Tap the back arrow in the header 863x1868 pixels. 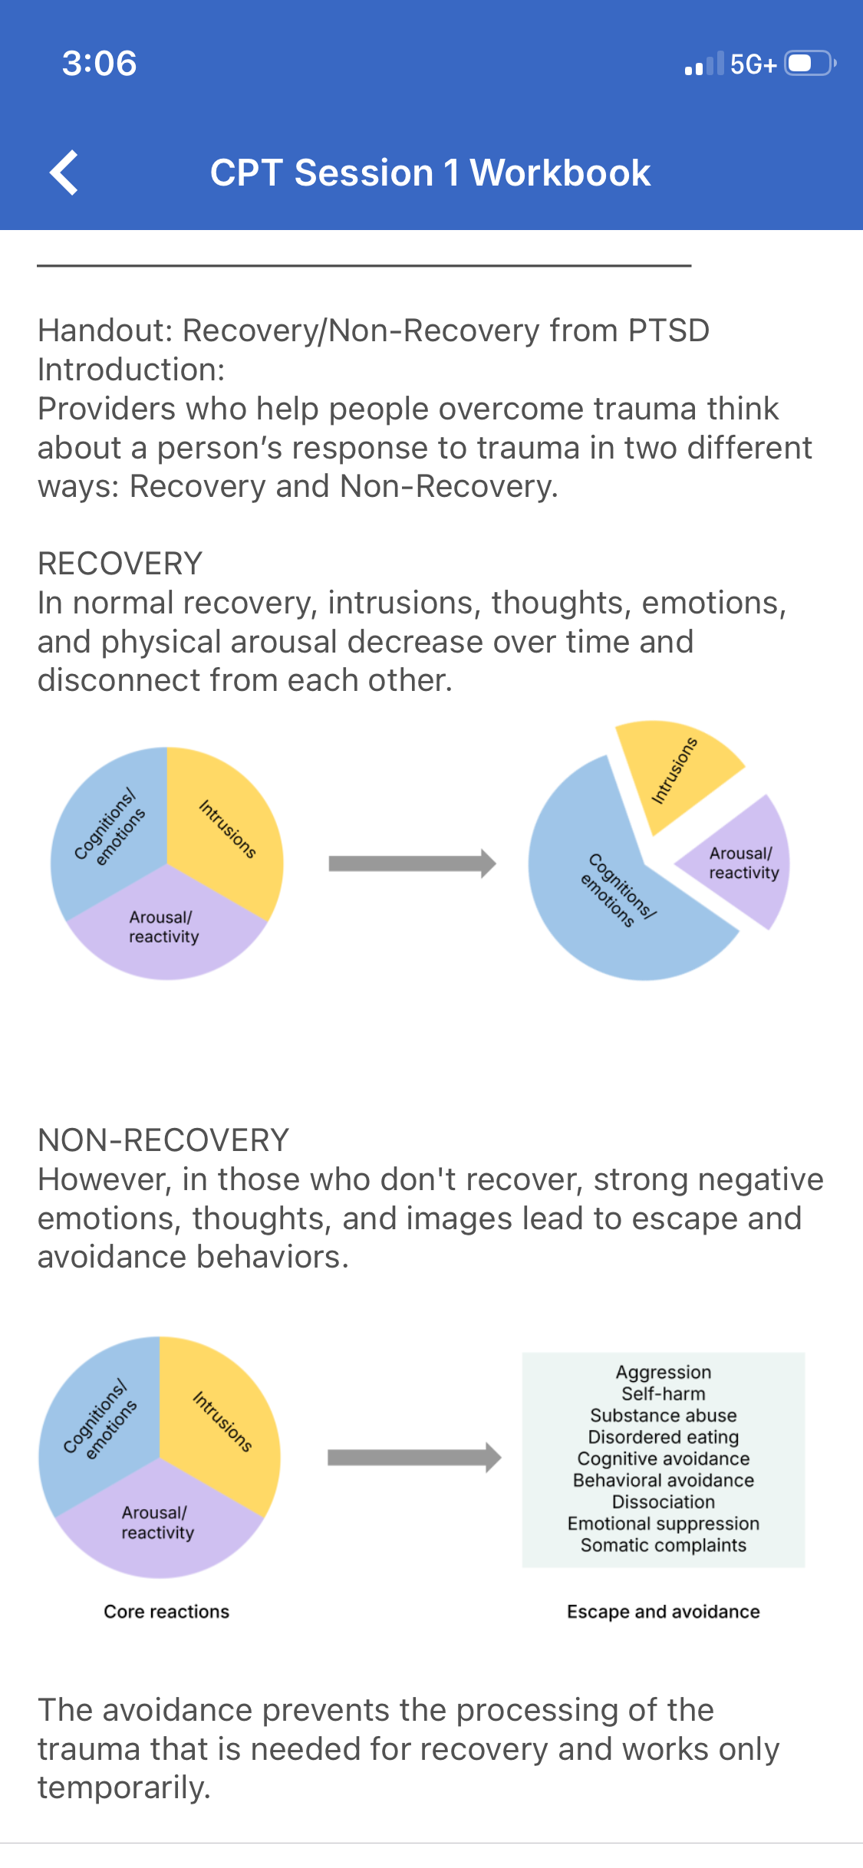64,173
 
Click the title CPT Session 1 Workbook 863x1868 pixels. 430,173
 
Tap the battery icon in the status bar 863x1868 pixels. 809,63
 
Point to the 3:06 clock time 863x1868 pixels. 100,63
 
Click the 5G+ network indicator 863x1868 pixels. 753,64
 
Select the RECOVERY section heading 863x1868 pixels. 120,564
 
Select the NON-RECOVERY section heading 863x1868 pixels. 163,1140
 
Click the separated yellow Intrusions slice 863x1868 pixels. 675,771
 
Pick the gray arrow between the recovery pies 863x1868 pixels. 412,863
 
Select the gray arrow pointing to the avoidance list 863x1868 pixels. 414,1457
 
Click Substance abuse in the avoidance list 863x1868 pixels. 664,1416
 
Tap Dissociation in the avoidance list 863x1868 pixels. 664,1501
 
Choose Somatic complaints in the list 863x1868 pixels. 664,1545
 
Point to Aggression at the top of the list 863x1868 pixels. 664,1373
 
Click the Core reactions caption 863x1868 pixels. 166,1612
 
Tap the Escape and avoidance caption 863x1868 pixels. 664,1612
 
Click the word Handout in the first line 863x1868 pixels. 106,331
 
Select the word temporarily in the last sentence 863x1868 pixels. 124,1788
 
